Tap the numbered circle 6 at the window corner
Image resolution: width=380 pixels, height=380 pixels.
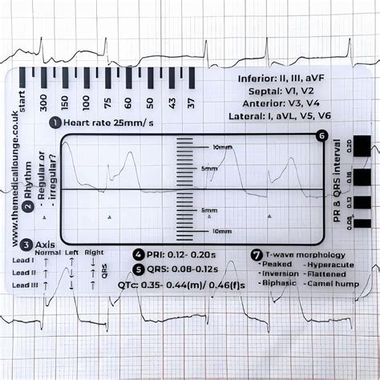[x=321, y=136]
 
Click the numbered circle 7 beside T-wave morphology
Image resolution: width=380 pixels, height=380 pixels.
[x=257, y=254]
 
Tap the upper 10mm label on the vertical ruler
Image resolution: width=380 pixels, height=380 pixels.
[x=222, y=148]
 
